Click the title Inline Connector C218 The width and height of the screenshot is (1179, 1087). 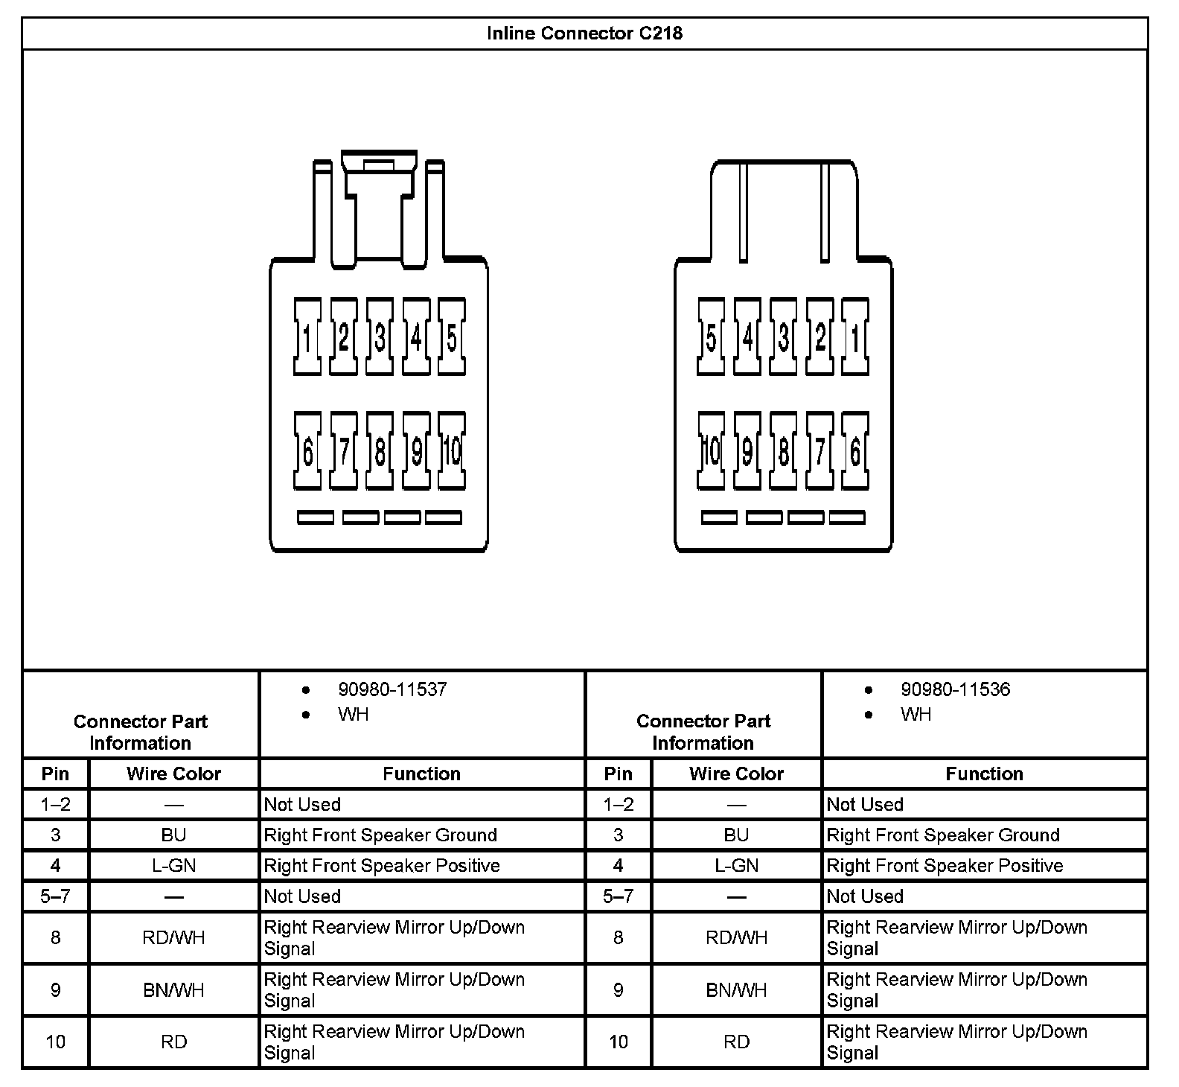point(584,34)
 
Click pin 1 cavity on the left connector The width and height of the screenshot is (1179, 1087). point(307,337)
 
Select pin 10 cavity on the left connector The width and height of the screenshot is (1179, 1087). point(452,450)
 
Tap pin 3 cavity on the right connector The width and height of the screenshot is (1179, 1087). point(783,337)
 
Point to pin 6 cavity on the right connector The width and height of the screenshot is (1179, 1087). point(855,450)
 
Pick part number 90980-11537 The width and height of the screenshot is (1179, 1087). point(392,689)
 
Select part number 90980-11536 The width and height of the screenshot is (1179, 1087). point(955,689)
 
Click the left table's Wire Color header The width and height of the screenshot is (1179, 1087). point(173,774)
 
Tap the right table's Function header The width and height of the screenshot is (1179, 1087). point(984,774)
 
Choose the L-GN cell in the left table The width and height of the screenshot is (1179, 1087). point(173,865)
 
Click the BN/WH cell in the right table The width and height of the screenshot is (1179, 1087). point(736,990)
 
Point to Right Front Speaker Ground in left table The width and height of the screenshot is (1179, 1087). point(380,835)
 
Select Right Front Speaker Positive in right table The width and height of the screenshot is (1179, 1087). point(945,865)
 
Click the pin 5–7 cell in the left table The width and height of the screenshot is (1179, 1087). point(55,896)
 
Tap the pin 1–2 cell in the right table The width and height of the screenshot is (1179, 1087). point(618,804)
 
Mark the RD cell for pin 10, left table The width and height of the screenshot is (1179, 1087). point(173,1042)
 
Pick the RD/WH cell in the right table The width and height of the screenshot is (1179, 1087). point(736,937)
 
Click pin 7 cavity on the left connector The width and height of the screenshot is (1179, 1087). point(343,450)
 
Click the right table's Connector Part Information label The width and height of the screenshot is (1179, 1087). point(703,732)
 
